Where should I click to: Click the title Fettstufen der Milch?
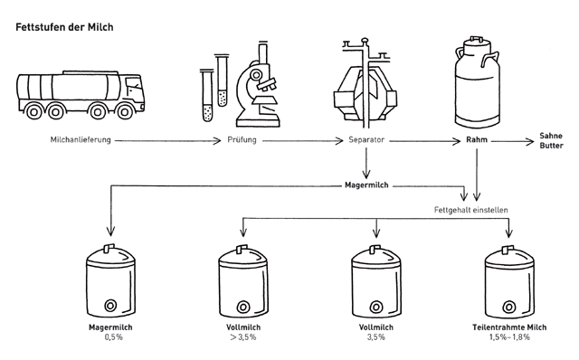[x=64, y=27]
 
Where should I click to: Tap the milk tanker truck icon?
[x=81, y=95]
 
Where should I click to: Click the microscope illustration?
[x=258, y=85]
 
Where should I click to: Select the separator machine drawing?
[x=365, y=82]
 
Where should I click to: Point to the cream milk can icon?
[x=477, y=82]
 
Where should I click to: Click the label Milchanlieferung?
[x=81, y=140]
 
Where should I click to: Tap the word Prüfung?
[x=242, y=140]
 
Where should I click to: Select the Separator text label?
[x=366, y=140]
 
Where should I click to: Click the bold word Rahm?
[x=477, y=140]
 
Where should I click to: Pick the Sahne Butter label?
[x=551, y=141]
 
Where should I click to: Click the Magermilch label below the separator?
[x=366, y=185]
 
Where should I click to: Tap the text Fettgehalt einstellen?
[x=470, y=210]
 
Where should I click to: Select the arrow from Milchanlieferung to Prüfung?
[x=167, y=141]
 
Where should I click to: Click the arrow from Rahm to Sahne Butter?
[x=513, y=141]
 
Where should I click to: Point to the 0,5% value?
[x=113, y=337]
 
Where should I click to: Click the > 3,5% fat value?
[x=243, y=337]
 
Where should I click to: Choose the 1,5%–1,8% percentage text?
[x=509, y=337]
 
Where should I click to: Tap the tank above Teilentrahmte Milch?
[x=509, y=281]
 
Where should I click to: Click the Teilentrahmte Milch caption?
[x=509, y=327]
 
